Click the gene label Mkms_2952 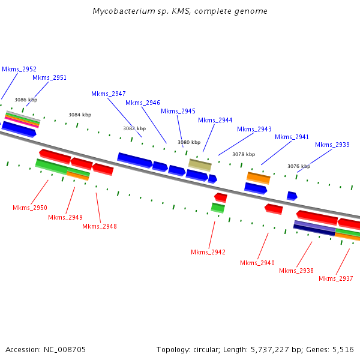19,69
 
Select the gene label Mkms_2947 109,94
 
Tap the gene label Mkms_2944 215,120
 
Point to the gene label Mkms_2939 332,145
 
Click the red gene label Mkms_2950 30,208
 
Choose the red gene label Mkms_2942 208,252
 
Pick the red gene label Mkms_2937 336,278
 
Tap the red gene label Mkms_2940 257,263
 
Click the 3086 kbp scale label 26,100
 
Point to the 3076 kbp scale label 299,166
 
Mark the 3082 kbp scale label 134,128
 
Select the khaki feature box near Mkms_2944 200,164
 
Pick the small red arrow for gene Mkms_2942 221,197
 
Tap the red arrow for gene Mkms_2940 274,208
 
